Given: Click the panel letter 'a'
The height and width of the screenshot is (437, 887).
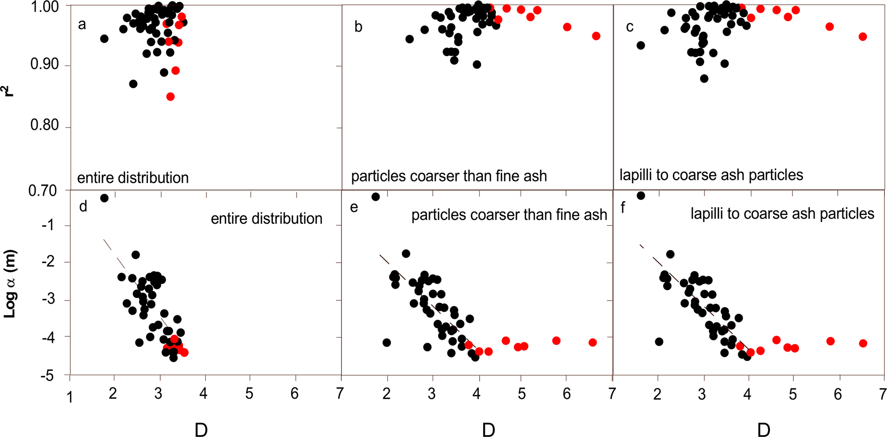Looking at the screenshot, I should point(82,25).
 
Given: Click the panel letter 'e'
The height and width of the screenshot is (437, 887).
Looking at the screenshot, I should point(354,207).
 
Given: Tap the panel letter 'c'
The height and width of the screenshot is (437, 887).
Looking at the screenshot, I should point(630,27).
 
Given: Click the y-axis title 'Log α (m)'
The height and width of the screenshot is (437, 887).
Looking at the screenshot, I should point(10,284).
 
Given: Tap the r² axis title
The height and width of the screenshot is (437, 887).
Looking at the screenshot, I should point(8,88).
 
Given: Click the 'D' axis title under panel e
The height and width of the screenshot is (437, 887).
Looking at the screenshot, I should point(488,429).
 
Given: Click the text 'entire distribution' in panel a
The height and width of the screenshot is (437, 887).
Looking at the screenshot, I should point(133,178).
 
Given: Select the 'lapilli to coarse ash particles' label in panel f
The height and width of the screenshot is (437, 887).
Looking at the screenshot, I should point(782,214).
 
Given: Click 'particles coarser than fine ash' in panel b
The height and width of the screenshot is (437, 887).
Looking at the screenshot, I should point(449,176).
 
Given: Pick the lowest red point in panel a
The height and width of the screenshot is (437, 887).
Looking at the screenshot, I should point(171,97).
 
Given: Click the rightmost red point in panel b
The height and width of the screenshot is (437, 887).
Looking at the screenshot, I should point(596,36).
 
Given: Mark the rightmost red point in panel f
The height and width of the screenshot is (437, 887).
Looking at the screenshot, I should point(863,344).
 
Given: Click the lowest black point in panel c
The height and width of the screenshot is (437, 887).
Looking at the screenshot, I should point(704,79).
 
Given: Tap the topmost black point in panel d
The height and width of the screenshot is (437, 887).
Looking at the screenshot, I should point(104,198).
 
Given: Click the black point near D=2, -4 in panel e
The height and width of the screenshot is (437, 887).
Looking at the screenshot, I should point(387,343).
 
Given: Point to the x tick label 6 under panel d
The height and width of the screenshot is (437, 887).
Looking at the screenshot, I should point(294,394).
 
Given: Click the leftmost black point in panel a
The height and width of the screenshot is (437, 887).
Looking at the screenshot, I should point(104,38).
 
